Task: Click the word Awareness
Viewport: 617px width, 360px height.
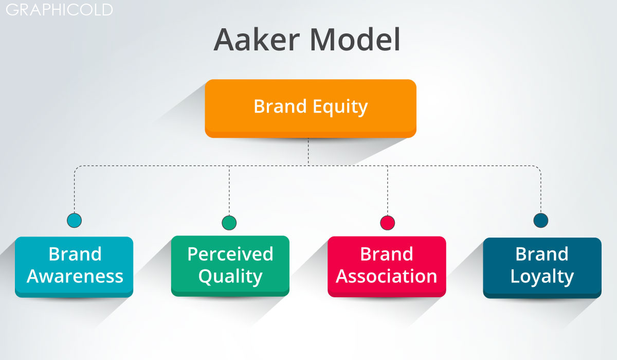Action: pyautogui.click(x=75, y=276)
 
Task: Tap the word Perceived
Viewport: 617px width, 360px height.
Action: pyautogui.click(x=230, y=254)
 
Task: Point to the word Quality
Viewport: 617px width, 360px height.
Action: pyautogui.click(x=230, y=277)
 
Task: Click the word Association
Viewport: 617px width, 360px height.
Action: pyautogui.click(x=387, y=276)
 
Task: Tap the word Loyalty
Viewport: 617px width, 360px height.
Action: pyautogui.click(x=542, y=277)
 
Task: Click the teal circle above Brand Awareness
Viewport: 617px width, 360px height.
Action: pyautogui.click(x=75, y=221)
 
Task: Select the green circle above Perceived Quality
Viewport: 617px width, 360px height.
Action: pyautogui.click(x=229, y=223)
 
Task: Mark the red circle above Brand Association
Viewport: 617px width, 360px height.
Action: pyautogui.click(x=387, y=223)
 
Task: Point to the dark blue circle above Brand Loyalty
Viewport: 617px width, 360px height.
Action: pyautogui.click(x=541, y=221)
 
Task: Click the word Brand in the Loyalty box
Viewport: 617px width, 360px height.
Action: pyautogui.click(x=542, y=254)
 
